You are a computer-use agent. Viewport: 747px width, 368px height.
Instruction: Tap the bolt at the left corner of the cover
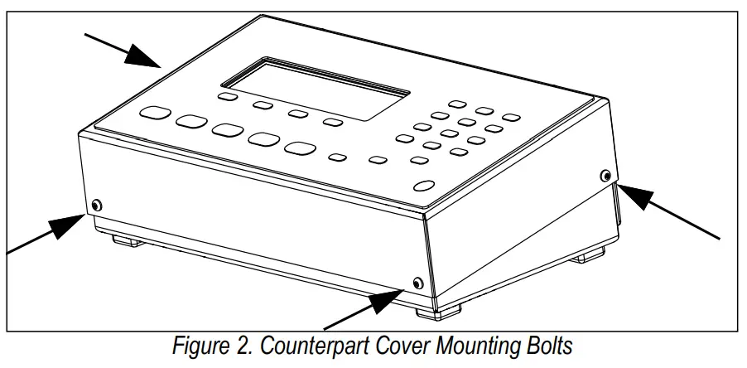[x=97, y=205]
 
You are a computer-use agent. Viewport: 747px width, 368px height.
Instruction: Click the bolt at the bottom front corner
[x=417, y=284]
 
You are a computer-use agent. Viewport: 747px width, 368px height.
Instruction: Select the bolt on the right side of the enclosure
[x=605, y=175]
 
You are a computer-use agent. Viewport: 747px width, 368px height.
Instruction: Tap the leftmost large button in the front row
[x=154, y=113]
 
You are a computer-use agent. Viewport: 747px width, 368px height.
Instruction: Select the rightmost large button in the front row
[x=300, y=148]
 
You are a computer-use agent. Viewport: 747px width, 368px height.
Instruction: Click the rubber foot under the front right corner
[x=444, y=311]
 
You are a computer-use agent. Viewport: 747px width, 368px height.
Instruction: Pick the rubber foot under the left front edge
[x=124, y=241]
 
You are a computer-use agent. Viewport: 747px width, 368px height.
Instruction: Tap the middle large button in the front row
[x=227, y=130]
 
